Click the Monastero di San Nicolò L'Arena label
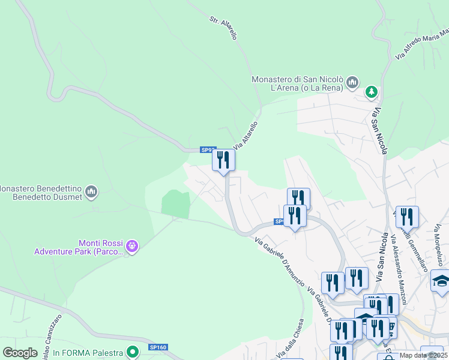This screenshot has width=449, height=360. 297,83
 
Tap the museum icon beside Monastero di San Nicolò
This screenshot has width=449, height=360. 352,81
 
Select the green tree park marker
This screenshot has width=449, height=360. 372,91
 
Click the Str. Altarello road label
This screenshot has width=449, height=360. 223,28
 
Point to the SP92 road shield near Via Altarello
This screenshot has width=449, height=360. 208,150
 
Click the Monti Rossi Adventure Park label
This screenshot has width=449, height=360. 79,247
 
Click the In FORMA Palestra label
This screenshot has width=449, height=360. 88,353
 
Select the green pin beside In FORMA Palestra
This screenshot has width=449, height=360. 135,352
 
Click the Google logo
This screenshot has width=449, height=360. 20,352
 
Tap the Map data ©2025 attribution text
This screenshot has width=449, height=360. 424,355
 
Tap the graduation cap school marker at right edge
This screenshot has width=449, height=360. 441,280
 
